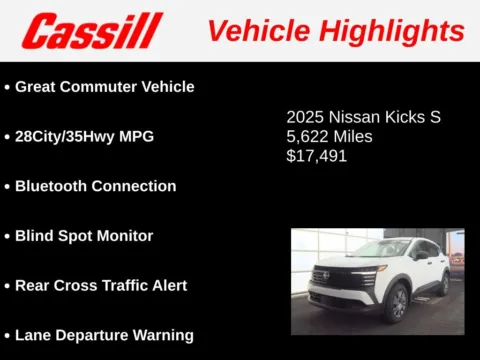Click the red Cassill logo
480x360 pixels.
point(91,31)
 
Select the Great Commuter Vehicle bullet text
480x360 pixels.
point(104,86)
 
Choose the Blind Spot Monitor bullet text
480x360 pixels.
point(84,236)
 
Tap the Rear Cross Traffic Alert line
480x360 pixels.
point(101,285)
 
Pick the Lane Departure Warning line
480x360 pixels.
point(104,335)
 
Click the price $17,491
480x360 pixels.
point(318,156)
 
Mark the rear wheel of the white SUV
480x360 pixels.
point(442,282)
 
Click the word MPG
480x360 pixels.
point(136,136)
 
